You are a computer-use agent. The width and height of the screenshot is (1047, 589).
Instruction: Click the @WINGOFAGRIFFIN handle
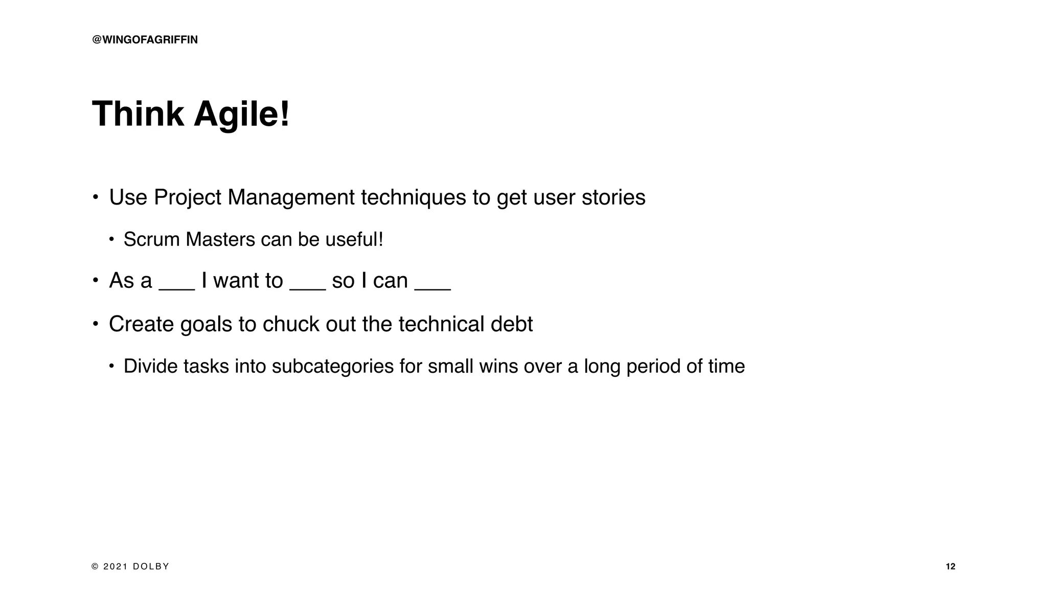[145, 40]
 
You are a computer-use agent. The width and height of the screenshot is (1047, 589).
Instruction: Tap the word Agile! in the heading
[242, 115]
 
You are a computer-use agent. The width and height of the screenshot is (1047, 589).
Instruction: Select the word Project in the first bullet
[187, 198]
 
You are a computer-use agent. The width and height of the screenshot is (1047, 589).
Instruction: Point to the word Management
[291, 197]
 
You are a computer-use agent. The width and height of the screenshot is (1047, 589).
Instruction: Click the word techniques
[413, 197]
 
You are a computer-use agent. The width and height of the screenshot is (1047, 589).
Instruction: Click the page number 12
[950, 567]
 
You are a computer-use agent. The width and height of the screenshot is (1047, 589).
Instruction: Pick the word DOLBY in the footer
[151, 567]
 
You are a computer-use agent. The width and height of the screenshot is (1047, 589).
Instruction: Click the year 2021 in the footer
[115, 567]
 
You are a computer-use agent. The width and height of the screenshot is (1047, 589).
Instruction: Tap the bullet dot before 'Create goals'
[95, 324]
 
